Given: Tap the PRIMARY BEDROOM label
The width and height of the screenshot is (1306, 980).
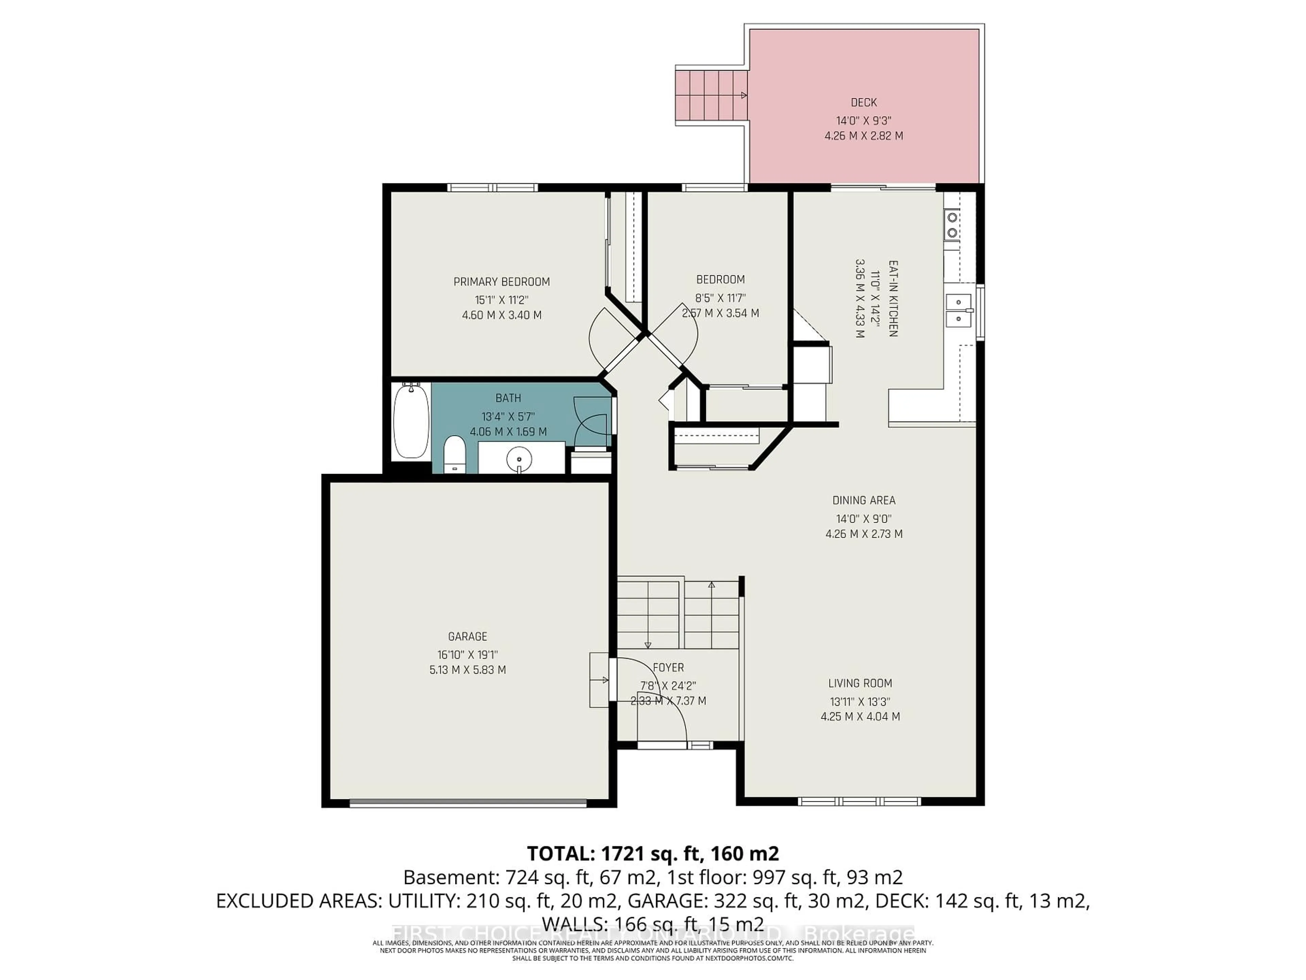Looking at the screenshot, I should pyautogui.click(x=501, y=282).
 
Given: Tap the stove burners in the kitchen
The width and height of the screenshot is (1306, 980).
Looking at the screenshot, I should pyautogui.click(x=952, y=225).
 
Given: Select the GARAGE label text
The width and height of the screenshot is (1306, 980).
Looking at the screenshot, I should pyautogui.click(x=468, y=636).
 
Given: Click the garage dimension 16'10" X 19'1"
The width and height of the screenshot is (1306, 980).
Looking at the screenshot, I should pyautogui.click(x=468, y=654).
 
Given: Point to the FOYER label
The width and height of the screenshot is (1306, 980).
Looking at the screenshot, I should pyautogui.click(x=668, y=668).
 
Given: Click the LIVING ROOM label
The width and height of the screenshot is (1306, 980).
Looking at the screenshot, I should pyautogui.click(x=860, y=684).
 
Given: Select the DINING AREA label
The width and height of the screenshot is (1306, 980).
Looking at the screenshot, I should pyautogui.click(x=864, y=500).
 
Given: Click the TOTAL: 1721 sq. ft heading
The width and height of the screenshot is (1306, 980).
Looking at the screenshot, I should pyautogui.click(x=652, y=853).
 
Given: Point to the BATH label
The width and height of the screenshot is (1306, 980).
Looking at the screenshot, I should pyautogui.click(x=508, y=398).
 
